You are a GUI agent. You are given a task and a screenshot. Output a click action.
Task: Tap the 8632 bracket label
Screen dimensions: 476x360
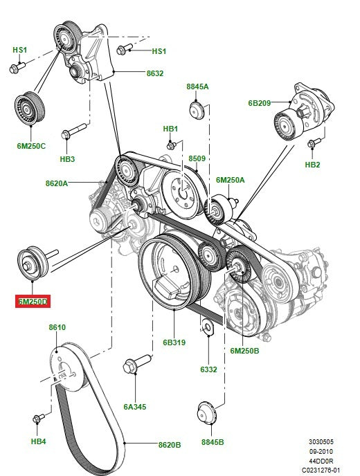pyautogui.click(x=154, y=73)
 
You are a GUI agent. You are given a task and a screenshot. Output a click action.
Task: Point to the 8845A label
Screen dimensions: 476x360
pyautogui.click(x=197, y=86)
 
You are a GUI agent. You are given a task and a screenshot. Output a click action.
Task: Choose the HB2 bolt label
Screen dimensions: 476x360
pyautogui.click(x=313, y=165)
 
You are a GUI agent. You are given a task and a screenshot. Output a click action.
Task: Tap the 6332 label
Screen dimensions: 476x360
pyautogui.click(x=208, y=370)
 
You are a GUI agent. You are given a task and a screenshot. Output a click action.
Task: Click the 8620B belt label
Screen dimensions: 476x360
pyautogui.click(x=169, y=446)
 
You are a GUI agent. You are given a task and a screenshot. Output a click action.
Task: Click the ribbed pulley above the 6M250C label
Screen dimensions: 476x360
pyautogui.click(x=30, y=109)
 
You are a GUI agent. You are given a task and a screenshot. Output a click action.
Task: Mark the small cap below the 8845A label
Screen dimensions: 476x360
pyautogui.click(x=197, y=109)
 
